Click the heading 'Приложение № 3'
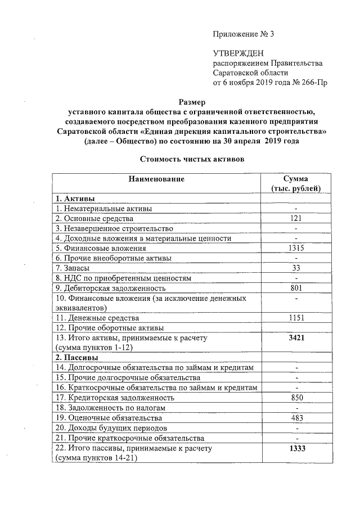tap(243, 34)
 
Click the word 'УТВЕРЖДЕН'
tap(237, 53)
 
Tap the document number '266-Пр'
tap(314, 83)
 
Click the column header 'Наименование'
tap(156, 179)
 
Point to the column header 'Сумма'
tap(295, 179)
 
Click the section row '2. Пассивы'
tap(76, 357)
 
